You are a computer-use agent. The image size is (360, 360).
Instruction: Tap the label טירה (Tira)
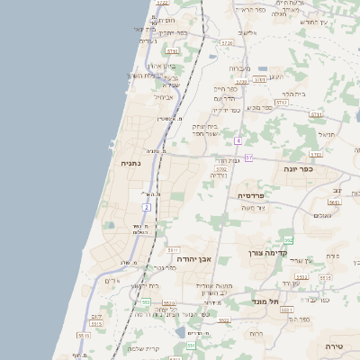(334, 346)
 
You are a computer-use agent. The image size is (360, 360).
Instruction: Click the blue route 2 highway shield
(146, 208)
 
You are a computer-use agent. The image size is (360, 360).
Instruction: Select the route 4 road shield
(238, 141)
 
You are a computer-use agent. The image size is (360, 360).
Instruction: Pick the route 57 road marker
(248, 158)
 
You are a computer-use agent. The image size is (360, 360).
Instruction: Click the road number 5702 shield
(220, 167)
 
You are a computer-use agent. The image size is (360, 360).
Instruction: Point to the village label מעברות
(239, 68)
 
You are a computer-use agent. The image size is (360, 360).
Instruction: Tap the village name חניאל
(326, 133)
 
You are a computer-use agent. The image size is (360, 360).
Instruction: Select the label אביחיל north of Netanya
(163, 96)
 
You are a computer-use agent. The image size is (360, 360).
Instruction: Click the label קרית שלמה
(143, 348)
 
